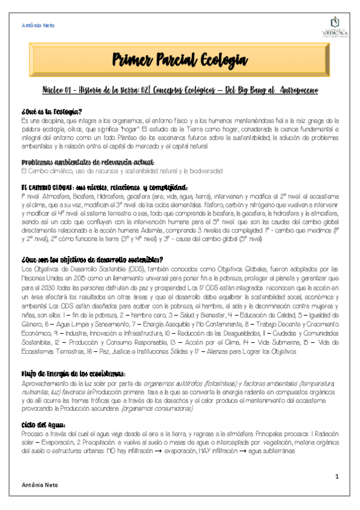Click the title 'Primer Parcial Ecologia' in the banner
pos(180,60)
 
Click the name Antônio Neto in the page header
pos(38,26)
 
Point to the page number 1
pos(337,476)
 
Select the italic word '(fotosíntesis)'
pos(215,382)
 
